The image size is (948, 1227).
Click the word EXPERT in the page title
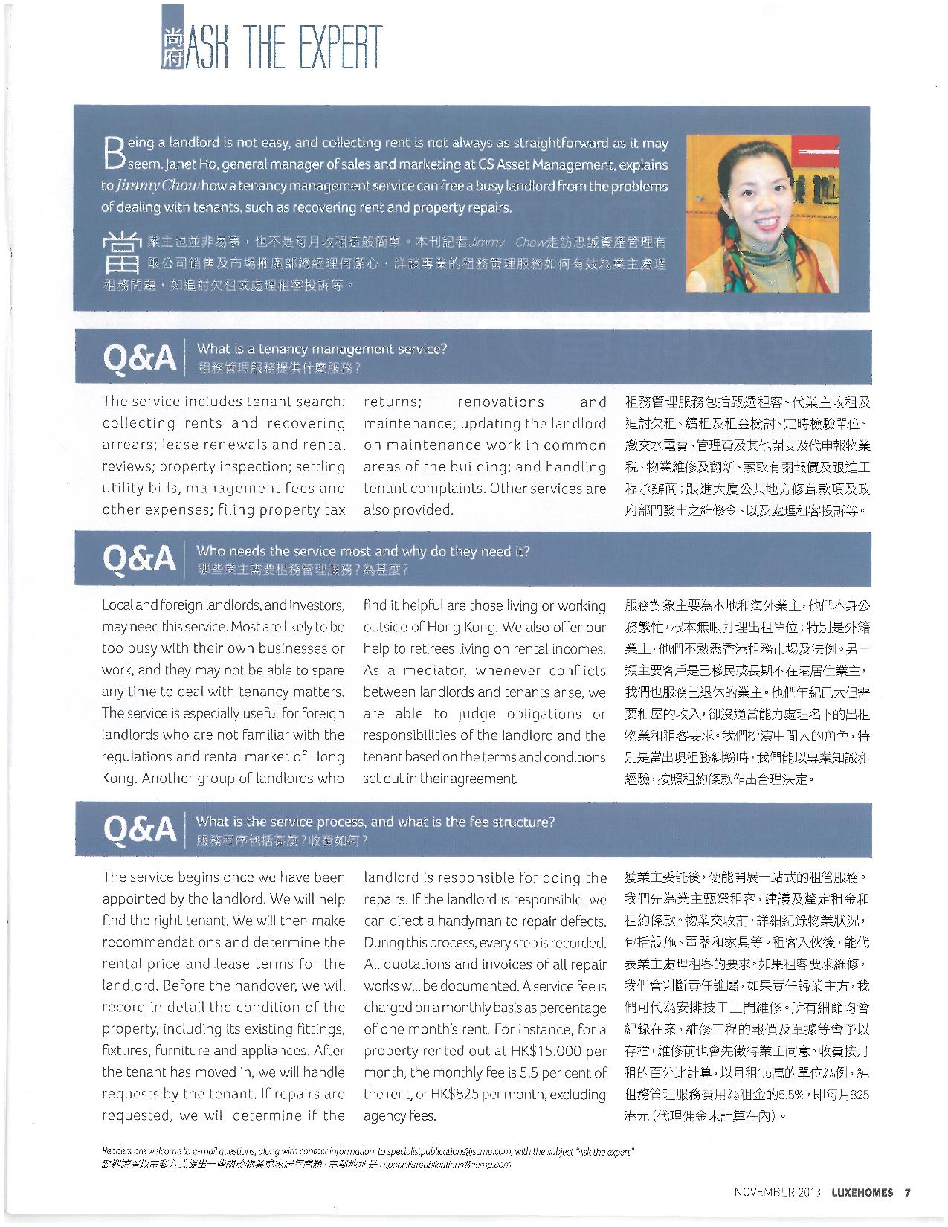click(332, 46)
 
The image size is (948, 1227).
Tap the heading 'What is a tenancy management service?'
click(321, 349)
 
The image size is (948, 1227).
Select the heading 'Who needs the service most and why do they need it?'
click(363, 551)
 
